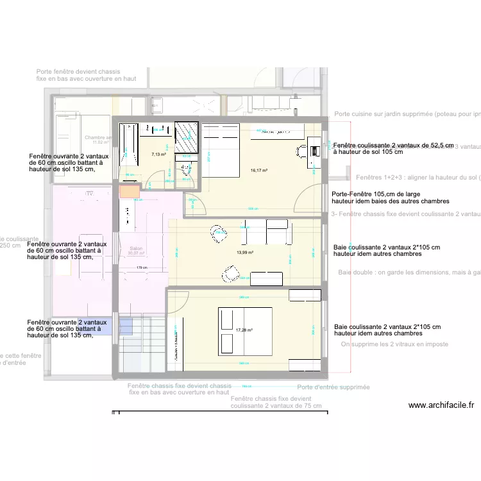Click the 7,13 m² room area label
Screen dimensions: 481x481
coord(158,155)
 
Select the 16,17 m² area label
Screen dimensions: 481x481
coord(259,171)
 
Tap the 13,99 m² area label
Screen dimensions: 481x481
coord(245,253)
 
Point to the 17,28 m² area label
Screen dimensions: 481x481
coord(244,330)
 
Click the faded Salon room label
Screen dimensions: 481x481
coord(136,249)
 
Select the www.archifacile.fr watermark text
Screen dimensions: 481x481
coord(441,405)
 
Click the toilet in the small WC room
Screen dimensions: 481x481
coord(187,169)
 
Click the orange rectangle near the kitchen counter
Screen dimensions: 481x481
coord(129,190)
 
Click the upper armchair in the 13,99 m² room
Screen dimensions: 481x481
coord(218,233)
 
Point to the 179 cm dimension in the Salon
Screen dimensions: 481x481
coord(142,268)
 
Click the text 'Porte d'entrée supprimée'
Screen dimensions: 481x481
coord(333,387)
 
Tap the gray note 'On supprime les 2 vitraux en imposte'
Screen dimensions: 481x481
coord(394,344)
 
